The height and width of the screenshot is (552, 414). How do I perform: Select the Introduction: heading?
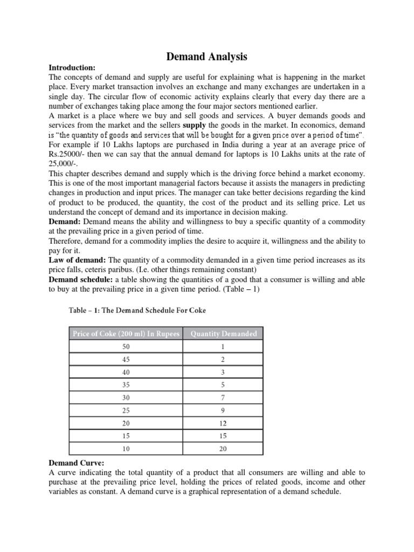click(72, 68)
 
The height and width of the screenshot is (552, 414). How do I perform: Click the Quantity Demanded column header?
click(223, 334)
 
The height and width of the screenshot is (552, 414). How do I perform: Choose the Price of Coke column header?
click(126, 334)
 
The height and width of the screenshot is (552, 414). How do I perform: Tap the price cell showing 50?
click(126, 347)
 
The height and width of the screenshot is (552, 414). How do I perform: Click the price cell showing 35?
click(126, 385)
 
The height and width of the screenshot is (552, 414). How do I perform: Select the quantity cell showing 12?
click(223, 424)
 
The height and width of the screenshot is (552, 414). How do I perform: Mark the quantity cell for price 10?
click(223, 449)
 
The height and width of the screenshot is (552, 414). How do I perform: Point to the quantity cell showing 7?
click(223, 398)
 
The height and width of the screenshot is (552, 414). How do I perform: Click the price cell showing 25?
click(126, 411)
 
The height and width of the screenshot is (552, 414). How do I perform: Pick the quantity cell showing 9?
click(223, 411)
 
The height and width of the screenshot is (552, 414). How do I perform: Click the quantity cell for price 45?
click(223, 360)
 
